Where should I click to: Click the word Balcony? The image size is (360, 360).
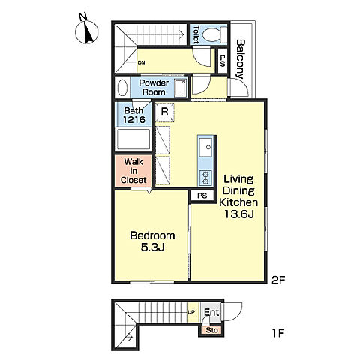241,59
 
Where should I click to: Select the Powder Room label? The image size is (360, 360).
154,87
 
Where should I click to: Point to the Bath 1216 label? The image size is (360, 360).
134,115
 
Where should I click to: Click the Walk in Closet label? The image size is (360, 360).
133,171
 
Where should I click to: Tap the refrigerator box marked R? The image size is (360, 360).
164,112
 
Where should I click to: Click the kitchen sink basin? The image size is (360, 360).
205,147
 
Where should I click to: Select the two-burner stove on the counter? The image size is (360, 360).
205,178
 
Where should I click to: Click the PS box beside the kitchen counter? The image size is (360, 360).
202,195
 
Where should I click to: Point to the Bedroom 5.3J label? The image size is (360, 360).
152,241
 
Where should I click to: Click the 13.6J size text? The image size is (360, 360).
239,214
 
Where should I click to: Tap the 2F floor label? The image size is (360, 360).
278,280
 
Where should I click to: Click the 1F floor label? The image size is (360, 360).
278,333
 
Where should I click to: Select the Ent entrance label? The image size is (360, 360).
211,312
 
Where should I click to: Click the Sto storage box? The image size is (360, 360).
211,330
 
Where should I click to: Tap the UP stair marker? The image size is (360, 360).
191,312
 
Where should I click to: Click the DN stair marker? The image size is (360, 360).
141,62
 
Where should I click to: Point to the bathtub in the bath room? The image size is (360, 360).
133,139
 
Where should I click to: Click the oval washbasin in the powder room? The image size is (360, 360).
122,88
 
